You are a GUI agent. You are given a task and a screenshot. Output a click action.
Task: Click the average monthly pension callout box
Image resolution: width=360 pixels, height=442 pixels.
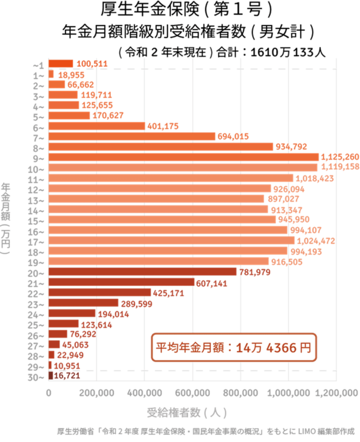click(233, 348)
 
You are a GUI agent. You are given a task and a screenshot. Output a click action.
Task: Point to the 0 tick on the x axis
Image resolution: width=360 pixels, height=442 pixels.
click(49, 393)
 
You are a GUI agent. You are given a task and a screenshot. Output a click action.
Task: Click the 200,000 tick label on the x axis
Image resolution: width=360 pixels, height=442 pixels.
click(96, 393)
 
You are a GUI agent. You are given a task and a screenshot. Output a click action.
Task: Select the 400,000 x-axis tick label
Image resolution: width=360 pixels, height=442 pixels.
click(145, 393)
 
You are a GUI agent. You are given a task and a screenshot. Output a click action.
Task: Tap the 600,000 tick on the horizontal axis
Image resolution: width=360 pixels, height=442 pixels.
click(192, 393)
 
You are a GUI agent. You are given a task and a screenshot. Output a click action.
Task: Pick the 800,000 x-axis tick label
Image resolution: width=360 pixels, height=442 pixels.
click(241, 393)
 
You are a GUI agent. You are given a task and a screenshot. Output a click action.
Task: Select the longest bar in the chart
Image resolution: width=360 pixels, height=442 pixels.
click(184, 157)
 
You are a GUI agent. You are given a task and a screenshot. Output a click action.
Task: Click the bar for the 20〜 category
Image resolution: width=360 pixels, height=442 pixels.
click(142, 271)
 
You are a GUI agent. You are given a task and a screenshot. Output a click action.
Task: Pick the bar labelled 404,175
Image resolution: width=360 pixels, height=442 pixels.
click(96, 126)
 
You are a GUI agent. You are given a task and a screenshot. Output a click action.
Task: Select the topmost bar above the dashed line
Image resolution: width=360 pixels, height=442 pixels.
click(61, 63)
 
